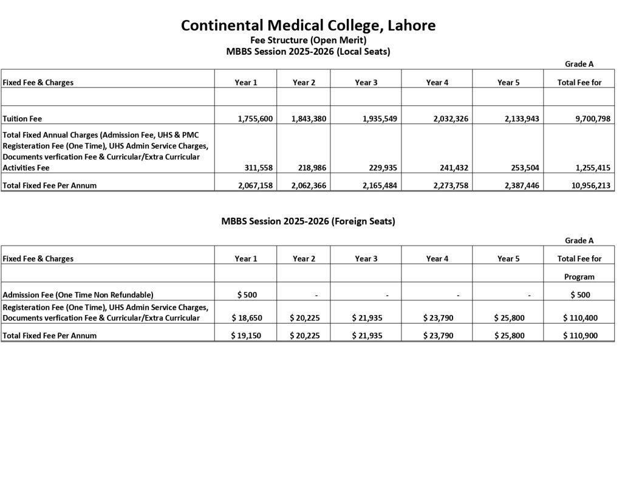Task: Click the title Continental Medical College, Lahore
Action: [x=308, y=26]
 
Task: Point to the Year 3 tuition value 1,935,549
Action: [x=377, y=119]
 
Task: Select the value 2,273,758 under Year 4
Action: [x=448, y=185]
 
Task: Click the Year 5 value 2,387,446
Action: [x=518, y=185]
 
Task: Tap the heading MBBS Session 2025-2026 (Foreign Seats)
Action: [x=308, y=221]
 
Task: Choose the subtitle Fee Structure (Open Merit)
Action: [x=308, y=40]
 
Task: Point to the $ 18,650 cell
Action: [x=246, y=317]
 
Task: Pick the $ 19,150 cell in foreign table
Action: [x=246, y=335]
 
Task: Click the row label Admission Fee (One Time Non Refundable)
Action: [x=78, y=295]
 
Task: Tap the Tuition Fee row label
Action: [x=22, y=119]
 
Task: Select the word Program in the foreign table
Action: [x=579, y=277]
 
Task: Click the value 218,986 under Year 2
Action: [x=312, y=168]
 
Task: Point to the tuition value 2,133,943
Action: [x=518, y=119]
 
